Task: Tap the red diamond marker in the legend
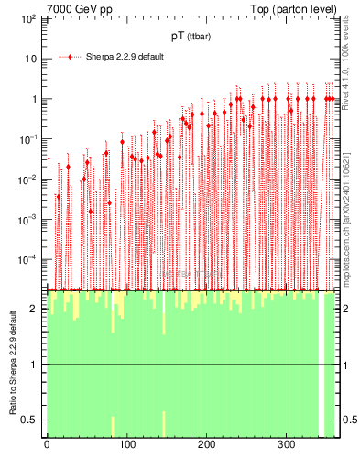click(71, 57)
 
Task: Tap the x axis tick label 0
click(47, 445)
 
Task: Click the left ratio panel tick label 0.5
click(33, 420)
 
